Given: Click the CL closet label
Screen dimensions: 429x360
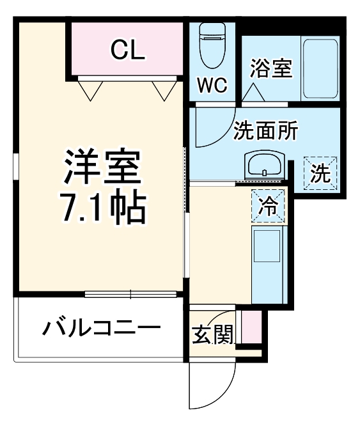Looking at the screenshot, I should tap(128, 49).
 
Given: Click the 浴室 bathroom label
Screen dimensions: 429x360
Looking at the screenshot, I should tap(270, 68).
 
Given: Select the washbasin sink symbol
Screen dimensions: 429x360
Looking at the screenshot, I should tap(263, 166).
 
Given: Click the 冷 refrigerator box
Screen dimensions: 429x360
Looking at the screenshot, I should tap(268, 206).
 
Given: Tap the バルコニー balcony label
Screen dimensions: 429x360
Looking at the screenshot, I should tap(101, 329).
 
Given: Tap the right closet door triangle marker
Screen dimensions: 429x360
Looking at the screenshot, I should tap(162, 90).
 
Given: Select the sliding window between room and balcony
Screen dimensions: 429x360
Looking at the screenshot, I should tap(130, 295).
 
